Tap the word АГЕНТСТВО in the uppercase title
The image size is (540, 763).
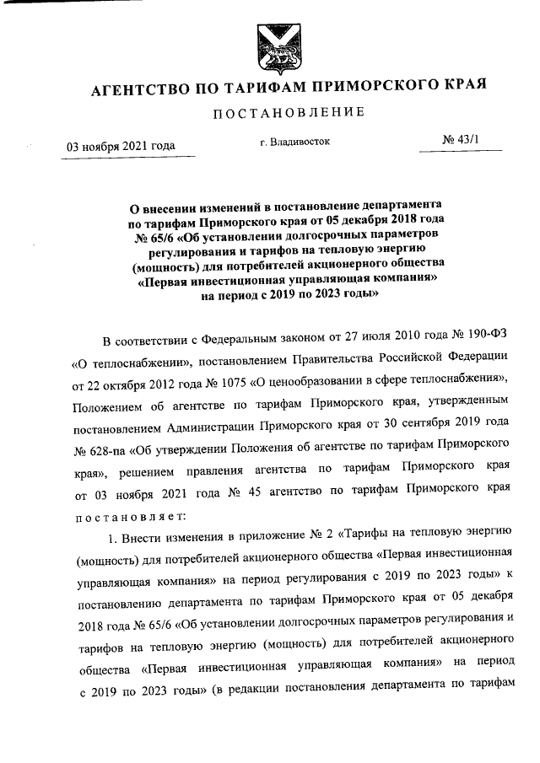(144, 86)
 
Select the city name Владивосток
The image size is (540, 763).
(302, 144)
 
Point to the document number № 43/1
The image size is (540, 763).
(460, 143)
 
